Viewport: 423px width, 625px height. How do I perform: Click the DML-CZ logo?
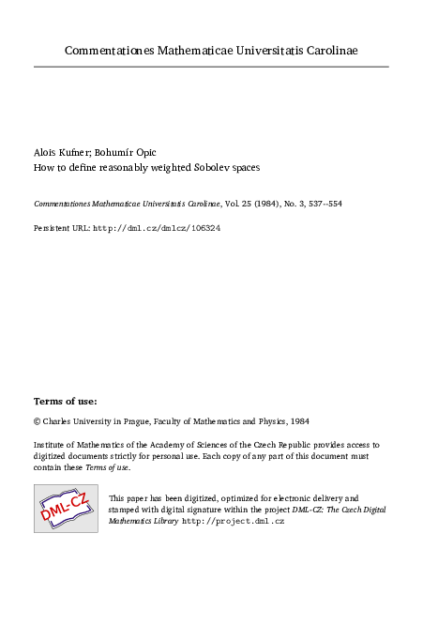click(x=66, y=508)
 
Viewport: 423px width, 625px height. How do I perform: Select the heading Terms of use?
click(x=65, y=401)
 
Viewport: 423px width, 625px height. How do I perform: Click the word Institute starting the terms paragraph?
click(x=52, y=445)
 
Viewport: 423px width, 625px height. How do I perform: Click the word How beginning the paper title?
click(x=43, y=167)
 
